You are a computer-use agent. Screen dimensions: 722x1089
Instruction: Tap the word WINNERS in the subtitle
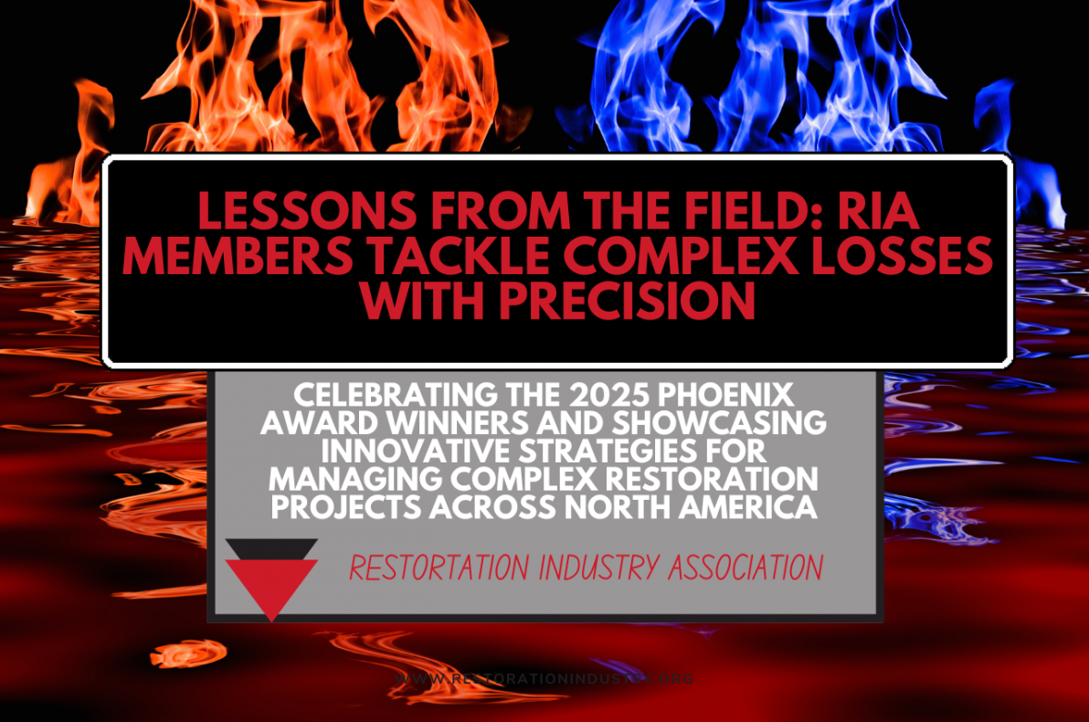tap(440, 425)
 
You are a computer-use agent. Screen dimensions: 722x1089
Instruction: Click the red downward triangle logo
tap(271, 585)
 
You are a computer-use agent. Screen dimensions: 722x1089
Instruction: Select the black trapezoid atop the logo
tap(271, 548)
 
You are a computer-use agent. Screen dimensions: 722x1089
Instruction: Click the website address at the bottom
tap(545, 679)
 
